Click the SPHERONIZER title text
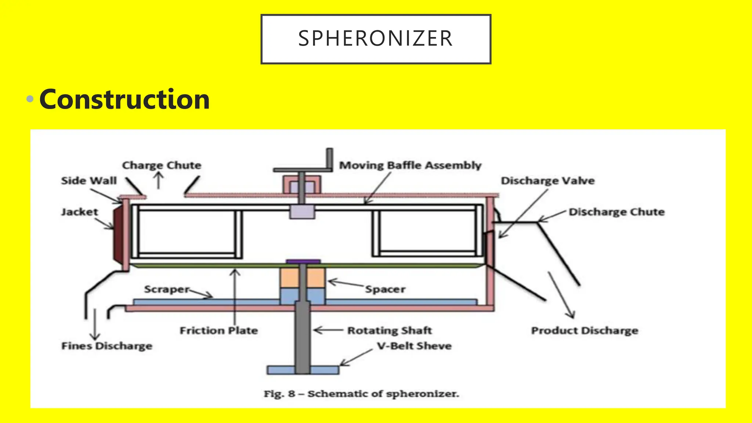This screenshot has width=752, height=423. [375, 39]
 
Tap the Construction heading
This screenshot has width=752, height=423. [124, 100]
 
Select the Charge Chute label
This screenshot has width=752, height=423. [162, 165]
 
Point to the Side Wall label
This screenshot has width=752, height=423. [89, 181]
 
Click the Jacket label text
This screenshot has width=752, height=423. [80, 212]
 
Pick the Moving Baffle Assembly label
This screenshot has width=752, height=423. [410, 165]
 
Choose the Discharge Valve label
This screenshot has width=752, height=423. [547, 181]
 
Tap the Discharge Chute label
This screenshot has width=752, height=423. [617, 212]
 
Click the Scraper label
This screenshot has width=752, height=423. [167, 289]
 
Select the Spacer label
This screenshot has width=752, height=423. [385, 289]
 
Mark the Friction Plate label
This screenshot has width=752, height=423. [218, 330]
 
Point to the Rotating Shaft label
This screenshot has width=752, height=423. [390, 330]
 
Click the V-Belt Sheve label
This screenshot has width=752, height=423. [414, 346]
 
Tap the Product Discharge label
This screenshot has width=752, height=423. [585, 330]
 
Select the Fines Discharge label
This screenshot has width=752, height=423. [107, 346]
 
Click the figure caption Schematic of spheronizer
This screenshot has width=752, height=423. [361, 394]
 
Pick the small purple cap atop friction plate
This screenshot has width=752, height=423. [303, 261]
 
